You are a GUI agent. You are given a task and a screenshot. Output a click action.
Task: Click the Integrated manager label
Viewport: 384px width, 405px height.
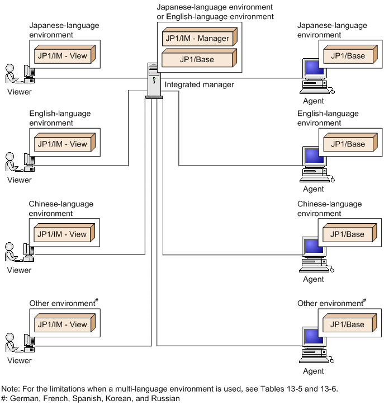(200, 84)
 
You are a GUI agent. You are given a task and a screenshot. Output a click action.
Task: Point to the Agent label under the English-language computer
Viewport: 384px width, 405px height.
(313, 189)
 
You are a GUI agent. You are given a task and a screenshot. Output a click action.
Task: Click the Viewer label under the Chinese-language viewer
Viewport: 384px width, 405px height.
(20, 270)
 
